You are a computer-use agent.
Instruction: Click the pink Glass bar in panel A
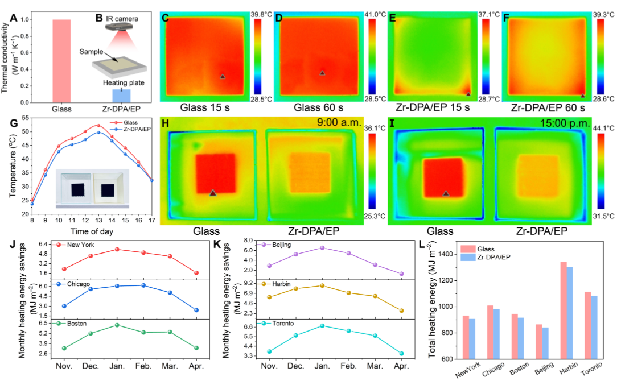pyautogui.click(x=61, y=61)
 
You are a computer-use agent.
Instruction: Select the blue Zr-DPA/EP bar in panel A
pyautogui.click(x=121, y=96)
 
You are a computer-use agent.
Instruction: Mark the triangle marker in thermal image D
pyautogui.click(x=322, y=73)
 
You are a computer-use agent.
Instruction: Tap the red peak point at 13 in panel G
pyautogui.click(x=98, y=125)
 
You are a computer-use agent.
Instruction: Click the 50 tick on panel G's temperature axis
pyautogui.click(x=24, y=131)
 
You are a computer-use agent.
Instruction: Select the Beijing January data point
pyautogui.click(x=322, y=247)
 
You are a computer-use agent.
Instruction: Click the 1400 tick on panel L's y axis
pyautogui.click(x=444, y=254)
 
